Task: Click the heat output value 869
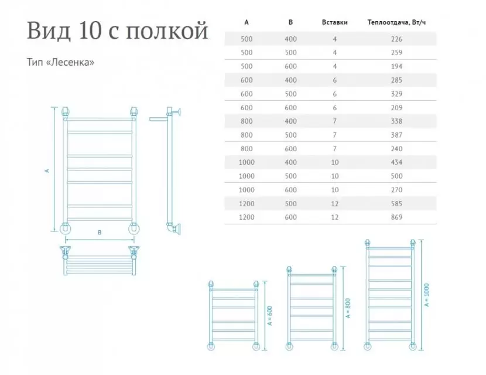396,217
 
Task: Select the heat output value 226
396,39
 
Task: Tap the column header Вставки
335,22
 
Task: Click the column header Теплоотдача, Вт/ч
396,22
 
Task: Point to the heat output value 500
396,176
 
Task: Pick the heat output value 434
396,162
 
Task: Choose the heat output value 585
396,204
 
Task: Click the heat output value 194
396,66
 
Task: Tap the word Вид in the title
49,31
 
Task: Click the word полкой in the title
167,31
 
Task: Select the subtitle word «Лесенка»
70,62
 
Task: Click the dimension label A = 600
270,316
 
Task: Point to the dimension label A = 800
348,308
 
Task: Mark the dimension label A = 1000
426,295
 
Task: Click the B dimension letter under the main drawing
100,232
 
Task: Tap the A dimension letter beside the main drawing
47,171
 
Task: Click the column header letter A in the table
247,22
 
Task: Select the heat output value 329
396,94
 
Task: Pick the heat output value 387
396,135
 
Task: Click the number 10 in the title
90,31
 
